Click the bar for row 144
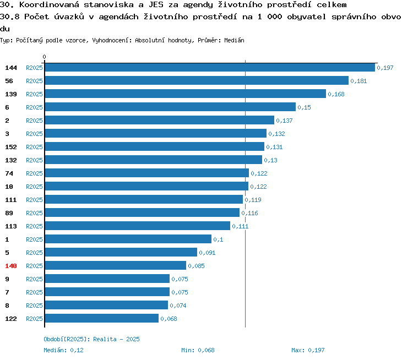click(210, 67)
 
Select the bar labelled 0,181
click(197, 80)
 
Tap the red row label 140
click(11, 266)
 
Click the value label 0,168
click(336, 94)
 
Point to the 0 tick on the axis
click(44, 57)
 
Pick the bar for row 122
click(102, 318)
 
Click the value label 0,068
click(169, 319)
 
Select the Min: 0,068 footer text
click(198, 350)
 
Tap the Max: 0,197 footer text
click(308, 350)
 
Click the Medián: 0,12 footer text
click(63, 350)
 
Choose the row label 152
click(11, 147)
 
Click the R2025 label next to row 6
click(34, 107)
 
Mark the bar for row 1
click(128, 239)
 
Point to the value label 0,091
click(207, 253)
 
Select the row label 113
click(11, 226)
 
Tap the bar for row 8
click(106, 305)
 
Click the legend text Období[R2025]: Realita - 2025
click(91, 339)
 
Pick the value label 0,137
click(285, 121)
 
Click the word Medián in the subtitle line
click(234, 40)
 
